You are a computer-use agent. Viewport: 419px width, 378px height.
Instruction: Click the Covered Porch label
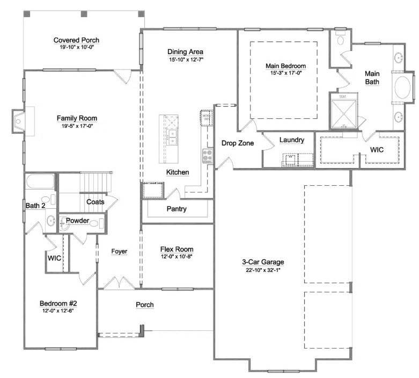click(x=76, y=40)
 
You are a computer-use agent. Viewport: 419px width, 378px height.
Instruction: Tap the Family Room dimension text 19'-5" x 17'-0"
click(x=76, y=126)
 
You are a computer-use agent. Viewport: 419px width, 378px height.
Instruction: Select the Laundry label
click(x=292, y=140)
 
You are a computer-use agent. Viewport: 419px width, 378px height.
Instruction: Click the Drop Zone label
click(x=238, y=143)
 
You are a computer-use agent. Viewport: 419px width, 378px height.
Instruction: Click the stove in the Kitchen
click(x=207, y=155)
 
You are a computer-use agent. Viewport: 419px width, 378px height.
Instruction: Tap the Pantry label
click(x=177, y=209)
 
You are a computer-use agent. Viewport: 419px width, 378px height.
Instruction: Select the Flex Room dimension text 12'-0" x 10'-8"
click(x=177, y=256)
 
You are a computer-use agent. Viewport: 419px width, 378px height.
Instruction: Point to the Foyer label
click(x=119, y=251)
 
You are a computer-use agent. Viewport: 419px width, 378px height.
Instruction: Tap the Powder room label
click(x=77, y=221)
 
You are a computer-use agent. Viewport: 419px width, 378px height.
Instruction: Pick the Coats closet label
click(x=95, y=202)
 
